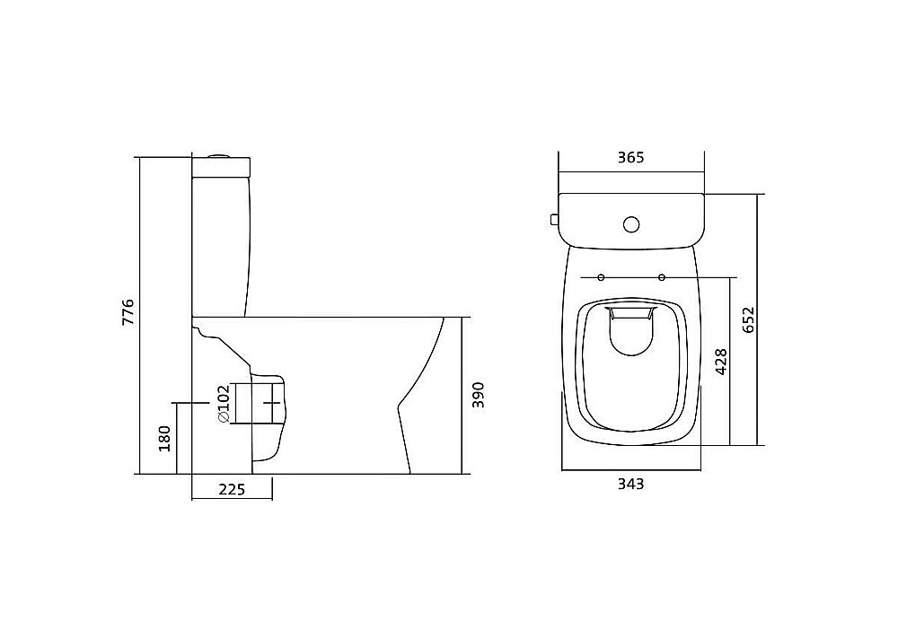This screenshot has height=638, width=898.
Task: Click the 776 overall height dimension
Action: tap(128, 312)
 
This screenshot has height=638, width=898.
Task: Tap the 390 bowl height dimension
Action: tap(479, 395)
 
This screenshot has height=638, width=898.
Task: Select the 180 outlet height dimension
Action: tap(165, 438)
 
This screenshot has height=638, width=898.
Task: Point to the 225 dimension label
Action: tap(232, 490)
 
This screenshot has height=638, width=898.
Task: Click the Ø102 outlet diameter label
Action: tap(223, 404)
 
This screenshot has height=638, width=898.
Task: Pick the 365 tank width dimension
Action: tap(630, 157)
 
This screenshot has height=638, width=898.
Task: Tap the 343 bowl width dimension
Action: tap(630, 484)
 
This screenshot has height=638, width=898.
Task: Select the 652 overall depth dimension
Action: tap(749, 319)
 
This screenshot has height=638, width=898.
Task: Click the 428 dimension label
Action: tap(721, 361)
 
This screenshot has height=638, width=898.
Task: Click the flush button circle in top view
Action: tap(631, 224)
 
